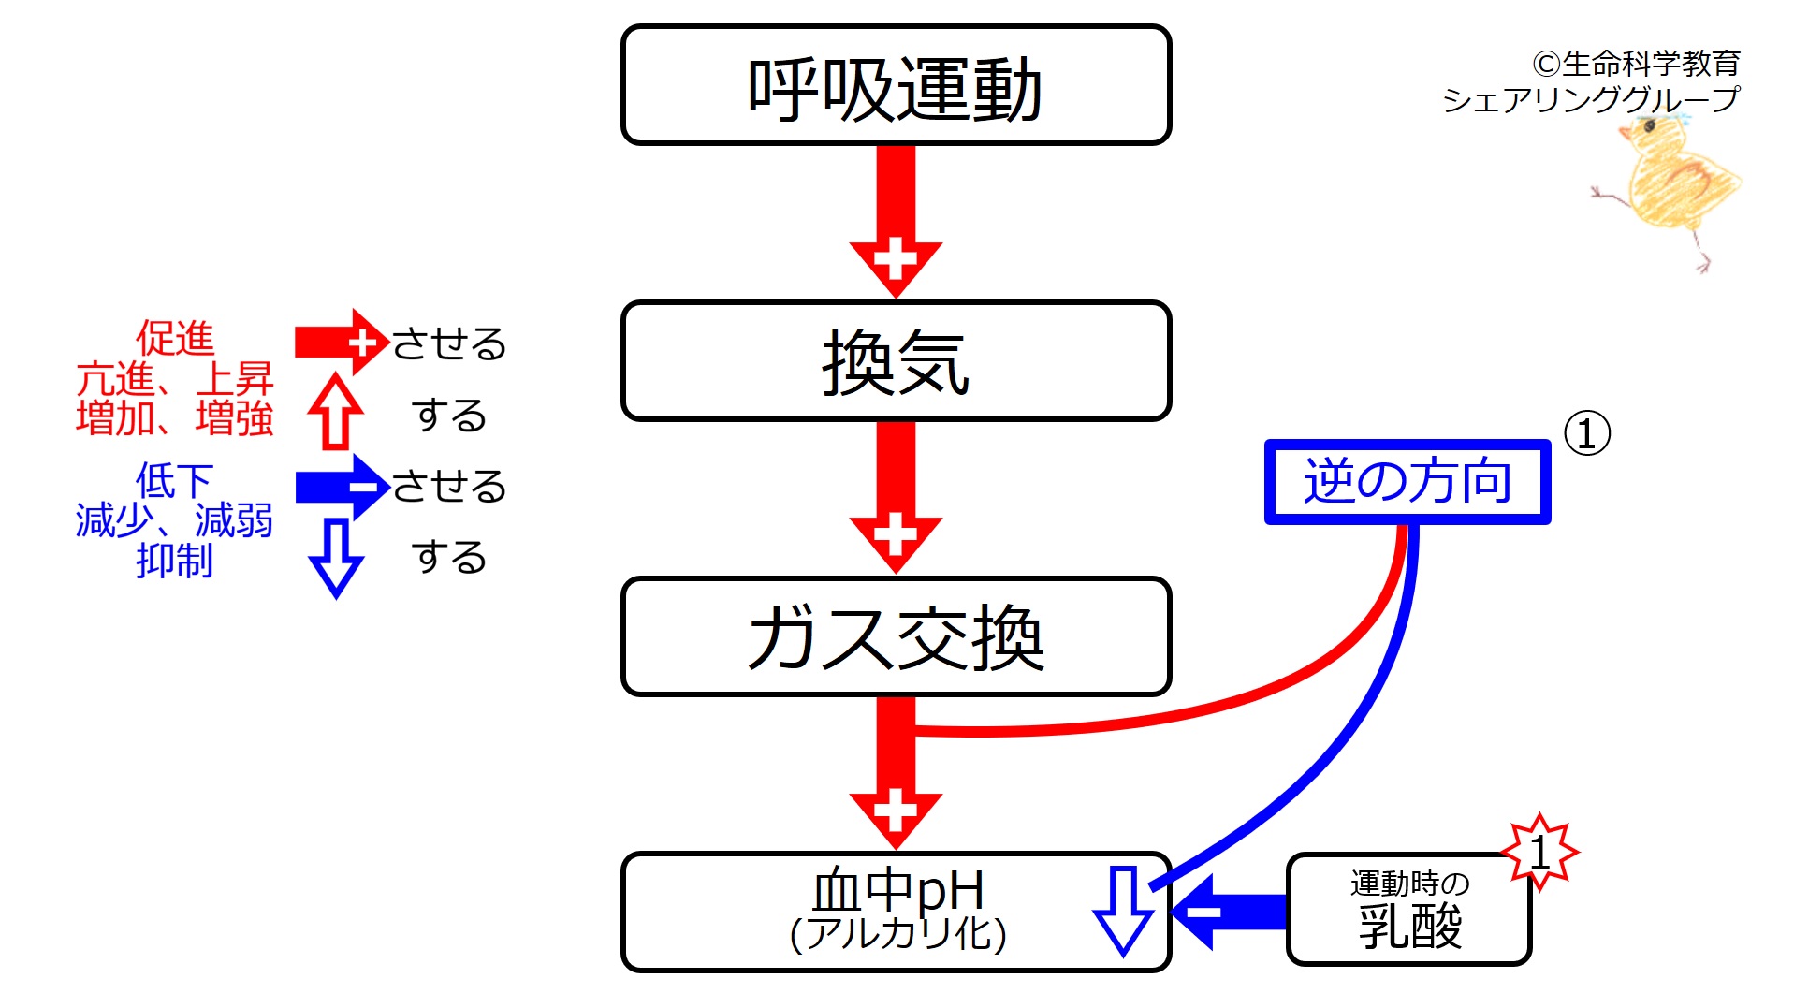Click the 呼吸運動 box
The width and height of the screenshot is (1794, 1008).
(x=896, y=86)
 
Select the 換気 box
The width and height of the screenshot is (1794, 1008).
(x=896, y=361)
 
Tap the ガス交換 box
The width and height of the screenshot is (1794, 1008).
(x=896, y=636)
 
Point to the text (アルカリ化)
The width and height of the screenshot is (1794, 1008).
(x=897, y=934)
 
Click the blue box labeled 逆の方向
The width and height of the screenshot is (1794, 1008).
(x=1407, y=481)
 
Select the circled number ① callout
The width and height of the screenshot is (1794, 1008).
(x=1587, y=433)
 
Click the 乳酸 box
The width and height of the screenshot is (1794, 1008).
(x=1408, y=910)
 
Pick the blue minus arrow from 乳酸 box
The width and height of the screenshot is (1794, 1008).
(x=1226, y=911)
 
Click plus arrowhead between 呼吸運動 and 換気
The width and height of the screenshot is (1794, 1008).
(x=896, y=259)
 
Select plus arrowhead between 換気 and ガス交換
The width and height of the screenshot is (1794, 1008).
(x=896, y=534)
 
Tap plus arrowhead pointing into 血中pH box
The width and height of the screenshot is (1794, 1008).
(x=896, y=811)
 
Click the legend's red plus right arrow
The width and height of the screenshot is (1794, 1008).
(x=341, y=343)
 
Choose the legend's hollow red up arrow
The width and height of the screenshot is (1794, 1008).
(x=335, y=412)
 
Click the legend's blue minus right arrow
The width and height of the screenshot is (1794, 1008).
(x=341, y=487)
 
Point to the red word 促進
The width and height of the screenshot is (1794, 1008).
(x=175, y=338)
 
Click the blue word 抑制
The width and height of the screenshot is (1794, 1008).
(x=175, y=561)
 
